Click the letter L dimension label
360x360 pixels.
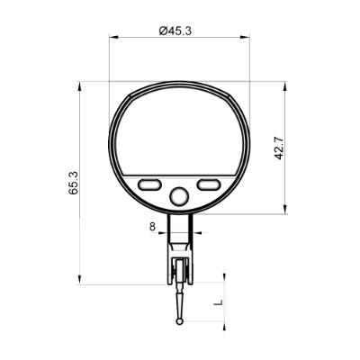220,304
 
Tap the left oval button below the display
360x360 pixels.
150,184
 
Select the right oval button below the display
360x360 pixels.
210,184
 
